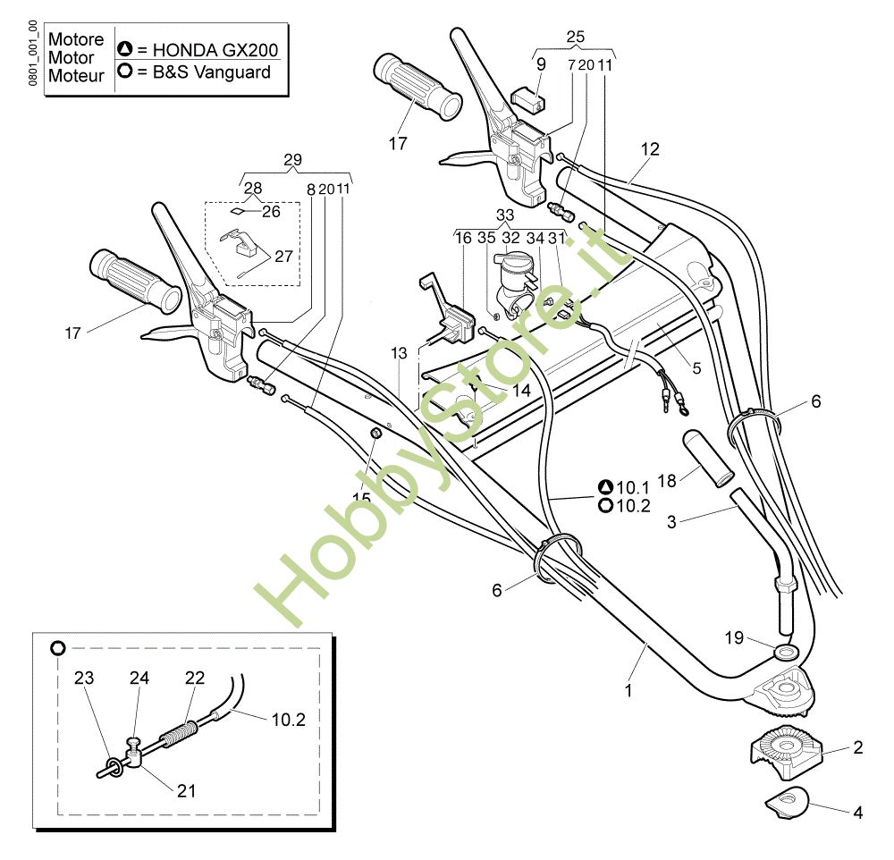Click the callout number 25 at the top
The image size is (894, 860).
(x=575, y=37)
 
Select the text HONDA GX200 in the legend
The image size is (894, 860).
(x=215, y=50)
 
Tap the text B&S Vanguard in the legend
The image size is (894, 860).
(x=212, y=72)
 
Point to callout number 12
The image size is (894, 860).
(x=650, y=149)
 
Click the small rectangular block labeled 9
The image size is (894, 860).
(x=528, y=98)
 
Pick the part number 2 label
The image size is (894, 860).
(x=857, y=747)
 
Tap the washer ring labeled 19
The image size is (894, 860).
(x=787, y=652)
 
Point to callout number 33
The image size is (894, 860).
(x=504, y=215)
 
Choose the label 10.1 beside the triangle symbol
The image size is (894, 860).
(x=633, y=487)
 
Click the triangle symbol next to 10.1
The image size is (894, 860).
(x=605, y=487)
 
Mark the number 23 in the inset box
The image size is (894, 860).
(x=84, y=678)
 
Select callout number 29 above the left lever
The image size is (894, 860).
(x=292, y=160)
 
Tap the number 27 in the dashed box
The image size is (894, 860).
(x=283, y=257)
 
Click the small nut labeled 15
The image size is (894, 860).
(x=375, y=434)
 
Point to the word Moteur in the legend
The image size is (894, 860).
(x=76, y=76)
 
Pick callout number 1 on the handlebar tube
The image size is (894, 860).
(x=628, y=691)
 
